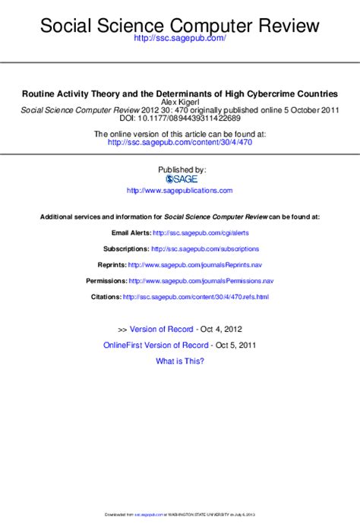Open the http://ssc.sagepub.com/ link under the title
tap(180, 38)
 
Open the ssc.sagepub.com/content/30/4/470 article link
tap(179, 141)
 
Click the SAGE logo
tap(182, 178)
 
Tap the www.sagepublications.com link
tap(180, 191)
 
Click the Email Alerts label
tap(131, 232)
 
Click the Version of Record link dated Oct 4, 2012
tap(162, 330)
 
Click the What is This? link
tap(180, 361)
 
